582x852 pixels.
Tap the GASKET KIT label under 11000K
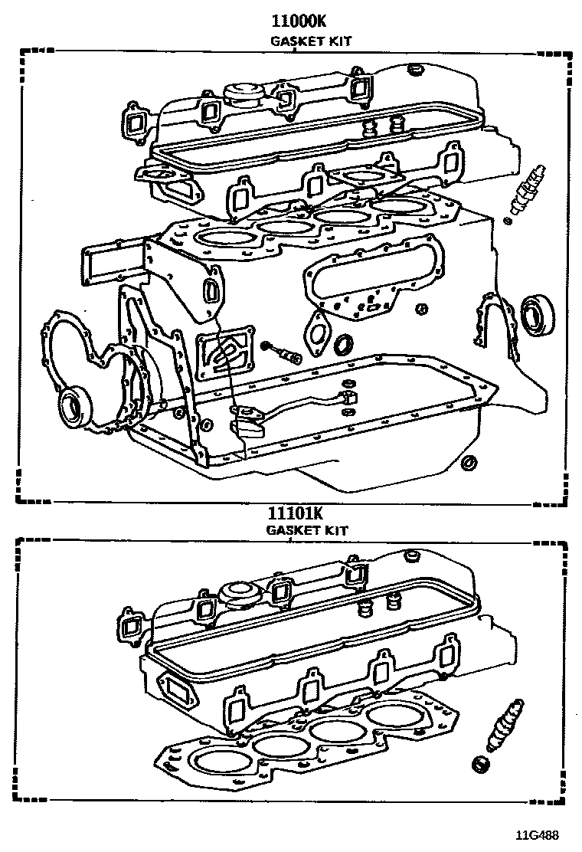(311, 41)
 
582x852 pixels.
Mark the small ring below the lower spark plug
(481, 763)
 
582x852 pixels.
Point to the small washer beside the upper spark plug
(506, 221)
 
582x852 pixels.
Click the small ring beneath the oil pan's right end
(469, 462)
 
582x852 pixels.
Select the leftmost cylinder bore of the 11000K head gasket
(227, 237)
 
